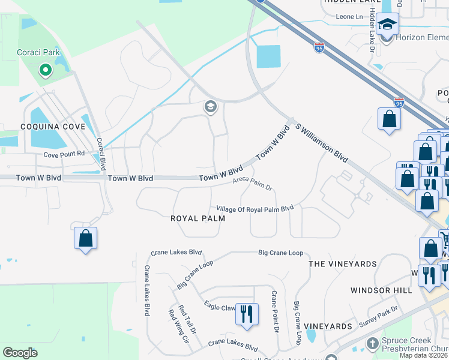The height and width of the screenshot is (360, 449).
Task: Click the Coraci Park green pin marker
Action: point(45,71)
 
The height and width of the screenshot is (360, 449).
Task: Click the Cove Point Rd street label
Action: point(64,154)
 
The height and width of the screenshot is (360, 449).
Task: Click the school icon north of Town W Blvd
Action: point(210,107)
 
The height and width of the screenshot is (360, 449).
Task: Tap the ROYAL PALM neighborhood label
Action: point(197,218)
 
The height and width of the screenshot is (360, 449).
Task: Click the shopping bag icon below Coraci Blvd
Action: point(86,238)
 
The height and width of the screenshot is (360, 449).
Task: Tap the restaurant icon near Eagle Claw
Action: point(247,313)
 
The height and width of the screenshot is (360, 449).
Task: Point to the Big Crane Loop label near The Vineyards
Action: point(281,253)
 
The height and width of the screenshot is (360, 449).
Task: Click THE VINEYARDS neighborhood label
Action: point(343,263)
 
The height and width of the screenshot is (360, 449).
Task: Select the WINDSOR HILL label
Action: point(381,290)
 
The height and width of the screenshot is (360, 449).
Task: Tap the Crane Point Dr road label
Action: point(275,311)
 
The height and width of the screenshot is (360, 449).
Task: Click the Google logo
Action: point(20,353)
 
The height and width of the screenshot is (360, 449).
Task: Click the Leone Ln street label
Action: point(350,16)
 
